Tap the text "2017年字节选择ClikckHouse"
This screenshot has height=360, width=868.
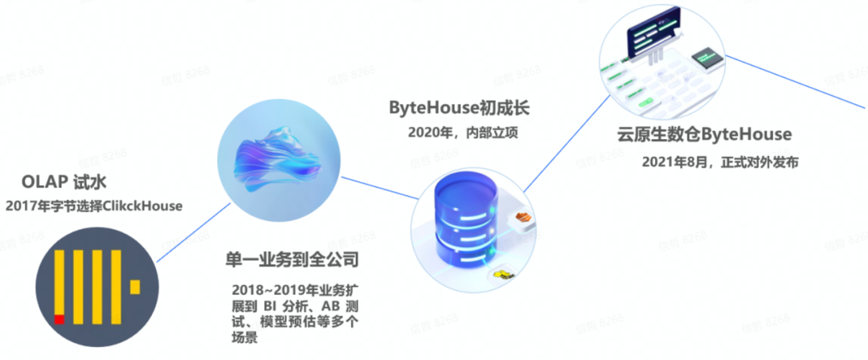(x=94, y=207)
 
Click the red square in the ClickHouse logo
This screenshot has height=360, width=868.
(x=59, y=319)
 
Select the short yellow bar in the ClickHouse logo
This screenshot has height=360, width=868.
(x=135, y=285)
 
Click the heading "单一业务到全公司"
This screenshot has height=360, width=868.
(x=291, y=260)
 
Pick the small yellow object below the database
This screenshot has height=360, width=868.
(x=505, y=276)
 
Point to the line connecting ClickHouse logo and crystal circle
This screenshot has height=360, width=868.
(x=186, y=233)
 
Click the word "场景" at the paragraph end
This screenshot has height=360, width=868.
(x=246, y=340)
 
